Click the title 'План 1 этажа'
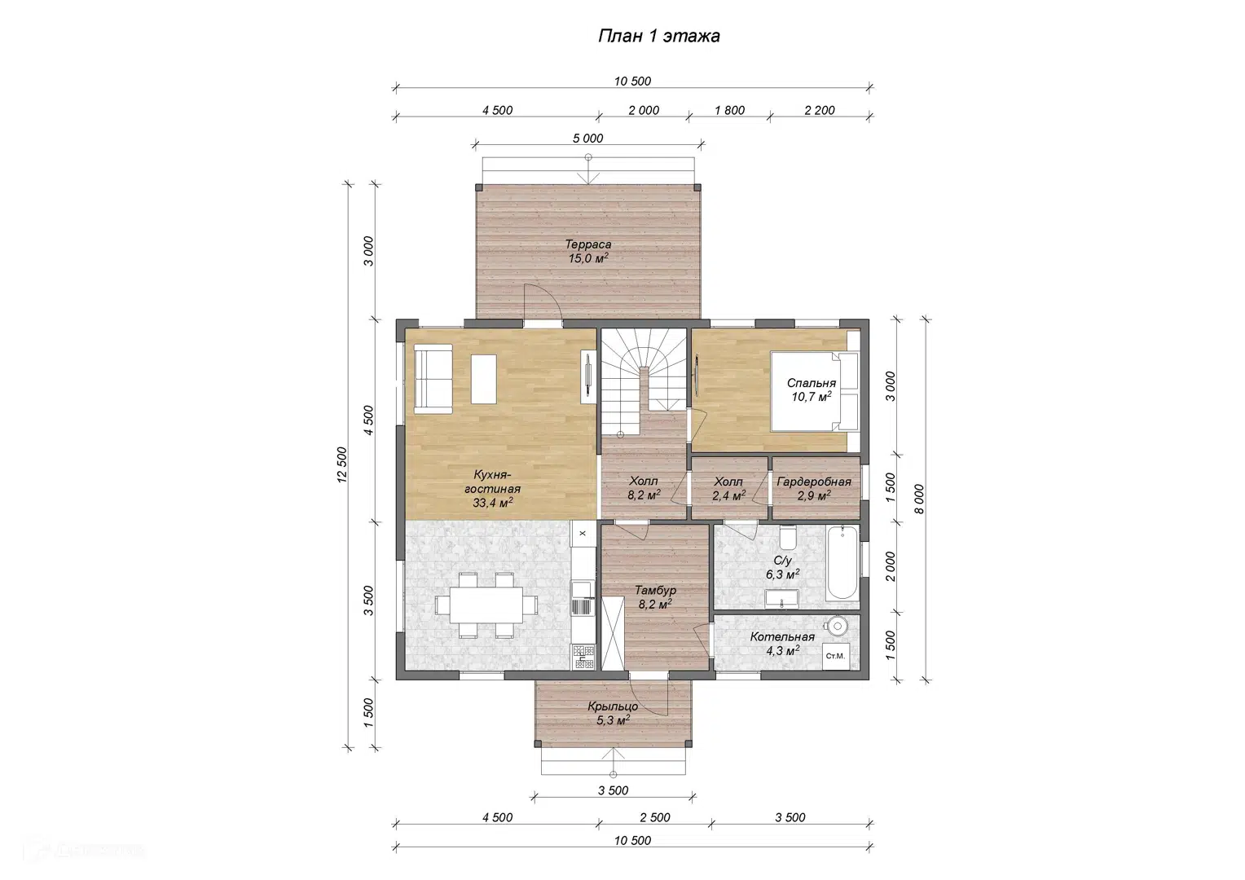(x=658, y=36)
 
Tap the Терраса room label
(x=588, y=244)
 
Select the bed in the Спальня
(x=815, y=391)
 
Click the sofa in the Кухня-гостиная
(x=433, y=378)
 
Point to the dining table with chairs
(x=486, y=605)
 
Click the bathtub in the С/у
(x=842, y=562)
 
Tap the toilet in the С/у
(x=787, y=536)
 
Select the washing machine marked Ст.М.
(x=835, y=657)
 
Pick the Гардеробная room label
(x=814, y=482)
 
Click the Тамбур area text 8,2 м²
(x=655, y=604)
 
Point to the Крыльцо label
(x=613, y=706)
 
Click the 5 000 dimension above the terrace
(x=588, y=139)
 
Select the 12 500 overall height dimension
(x=342, y=464)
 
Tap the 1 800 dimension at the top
(x=730, y=111)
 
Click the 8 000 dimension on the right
(x=919, y=499)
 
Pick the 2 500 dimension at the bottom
(x=655, y=818)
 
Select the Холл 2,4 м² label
(x=728, y=489)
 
